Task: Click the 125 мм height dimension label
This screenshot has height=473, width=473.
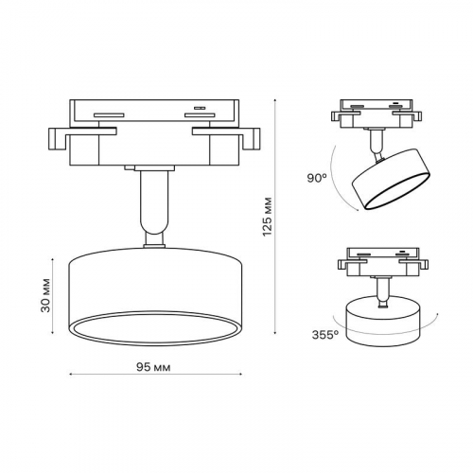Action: click(267, 217)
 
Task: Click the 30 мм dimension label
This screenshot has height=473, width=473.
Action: click(45, 295)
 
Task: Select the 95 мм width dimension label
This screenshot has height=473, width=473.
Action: click(153, 367)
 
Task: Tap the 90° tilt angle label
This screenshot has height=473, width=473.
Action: click(318, 178)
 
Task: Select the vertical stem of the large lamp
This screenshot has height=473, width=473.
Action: click(154, 201)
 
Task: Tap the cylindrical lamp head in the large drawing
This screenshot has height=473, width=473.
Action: click(155, 296)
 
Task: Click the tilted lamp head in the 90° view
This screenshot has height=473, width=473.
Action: click(391, 179)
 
